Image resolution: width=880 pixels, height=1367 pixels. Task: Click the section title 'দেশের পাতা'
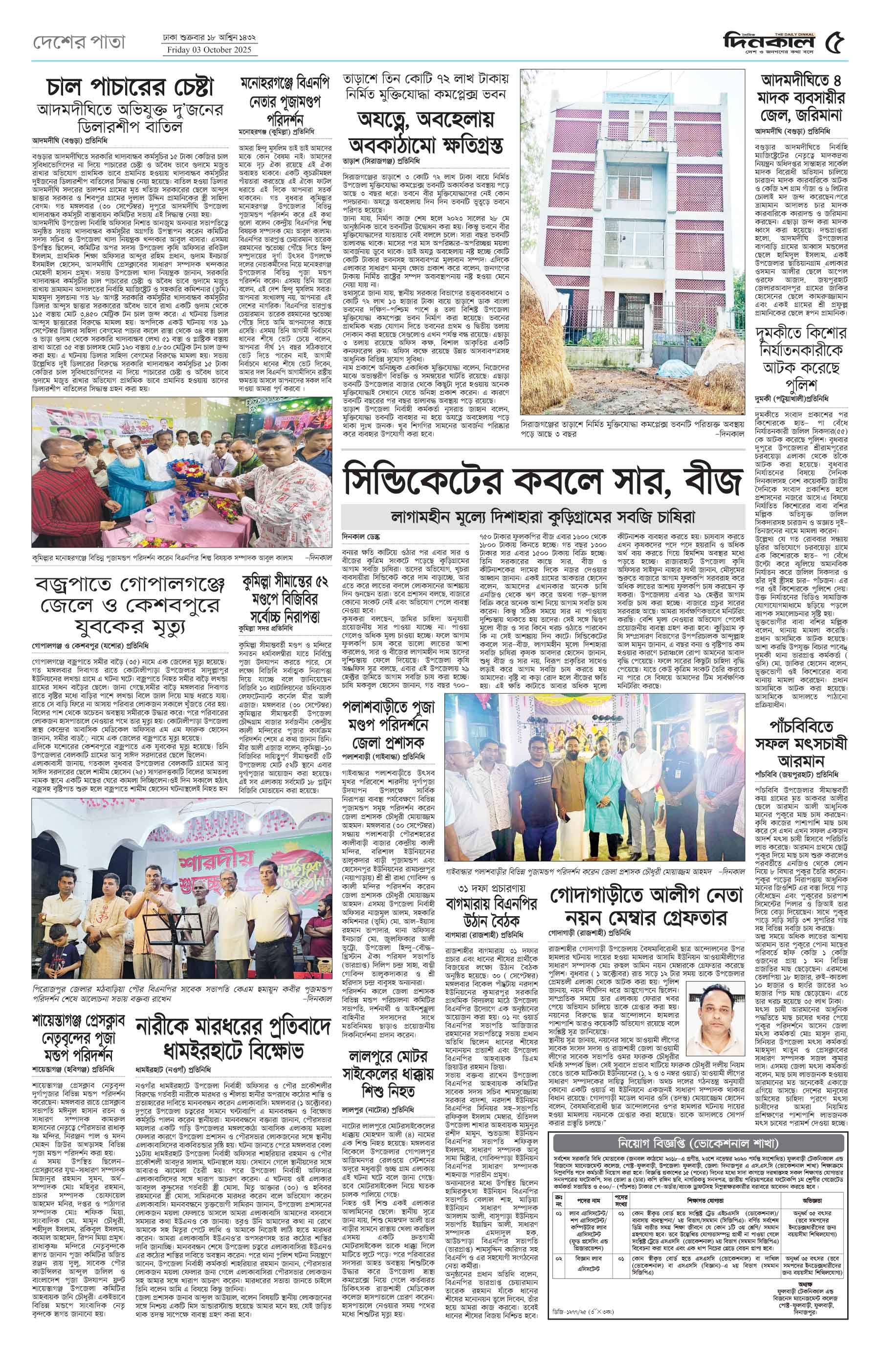coord(78,42)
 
